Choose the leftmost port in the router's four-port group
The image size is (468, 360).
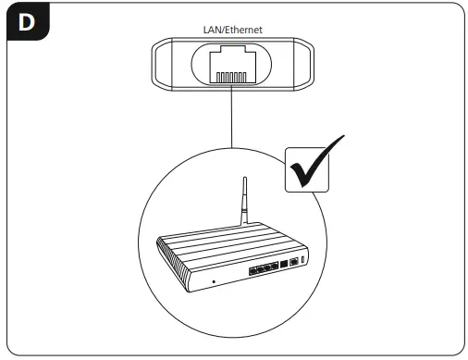click(x=252, y=270)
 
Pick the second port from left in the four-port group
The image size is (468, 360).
click(x=260, y=269)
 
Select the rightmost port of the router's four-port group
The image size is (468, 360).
click(x=277, y=267)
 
